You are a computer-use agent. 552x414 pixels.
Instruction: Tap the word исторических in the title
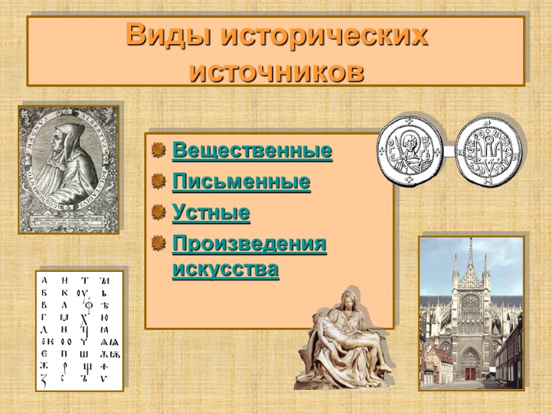(324, 36)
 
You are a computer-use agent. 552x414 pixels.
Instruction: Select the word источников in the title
(276, 70)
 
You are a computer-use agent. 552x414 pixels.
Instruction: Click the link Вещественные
(252, 150)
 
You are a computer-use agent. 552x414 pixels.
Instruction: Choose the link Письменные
(241, 182)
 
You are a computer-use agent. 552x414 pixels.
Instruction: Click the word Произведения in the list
(249, 244)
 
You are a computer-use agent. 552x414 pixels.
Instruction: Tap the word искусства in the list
(226, 269)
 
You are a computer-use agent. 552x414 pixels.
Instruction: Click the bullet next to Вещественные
(159, 150)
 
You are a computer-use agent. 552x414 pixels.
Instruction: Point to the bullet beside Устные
(159, 213)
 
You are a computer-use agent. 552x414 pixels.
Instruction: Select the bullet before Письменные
(159, 181)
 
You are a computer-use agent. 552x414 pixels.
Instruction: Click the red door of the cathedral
(471, 373)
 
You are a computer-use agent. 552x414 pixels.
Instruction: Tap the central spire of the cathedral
(471, 259)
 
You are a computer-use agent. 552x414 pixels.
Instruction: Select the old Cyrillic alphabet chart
(79, 331)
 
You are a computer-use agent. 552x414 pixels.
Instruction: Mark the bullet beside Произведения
(159, 244)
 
